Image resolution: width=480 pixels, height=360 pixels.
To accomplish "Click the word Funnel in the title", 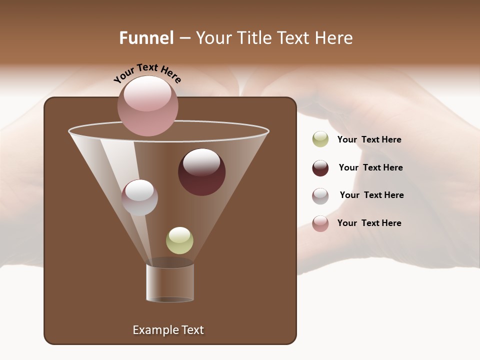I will point(146,38).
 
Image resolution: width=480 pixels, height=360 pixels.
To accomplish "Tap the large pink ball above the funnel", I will point(147,106).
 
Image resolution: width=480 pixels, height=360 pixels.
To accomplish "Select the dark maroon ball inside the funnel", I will point(201,172).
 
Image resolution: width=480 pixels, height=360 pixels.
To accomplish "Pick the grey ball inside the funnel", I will point(139,197).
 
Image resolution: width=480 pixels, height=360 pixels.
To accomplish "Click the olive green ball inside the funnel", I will point(179,240).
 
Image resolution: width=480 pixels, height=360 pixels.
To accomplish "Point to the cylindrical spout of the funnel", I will point(170,283).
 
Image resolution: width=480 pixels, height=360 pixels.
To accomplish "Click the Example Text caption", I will point(168,330).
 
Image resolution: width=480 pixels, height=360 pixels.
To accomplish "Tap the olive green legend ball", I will point(320,139).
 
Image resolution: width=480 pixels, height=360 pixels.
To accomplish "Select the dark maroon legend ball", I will point(320,168).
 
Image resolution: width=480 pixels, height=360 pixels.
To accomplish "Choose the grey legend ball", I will point(320,195).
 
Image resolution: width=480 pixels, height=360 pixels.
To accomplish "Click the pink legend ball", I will point(320,223).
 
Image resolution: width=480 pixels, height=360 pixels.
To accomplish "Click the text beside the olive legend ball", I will point(369,140).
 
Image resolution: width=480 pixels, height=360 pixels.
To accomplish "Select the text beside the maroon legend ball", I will point(370,168).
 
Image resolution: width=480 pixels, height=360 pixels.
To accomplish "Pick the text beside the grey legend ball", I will point(371,195).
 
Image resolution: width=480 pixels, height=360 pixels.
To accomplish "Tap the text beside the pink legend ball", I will point(369,223).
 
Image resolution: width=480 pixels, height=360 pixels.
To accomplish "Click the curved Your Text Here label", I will point(147,72).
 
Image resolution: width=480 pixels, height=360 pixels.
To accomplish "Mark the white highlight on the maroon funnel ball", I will point(201,161).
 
